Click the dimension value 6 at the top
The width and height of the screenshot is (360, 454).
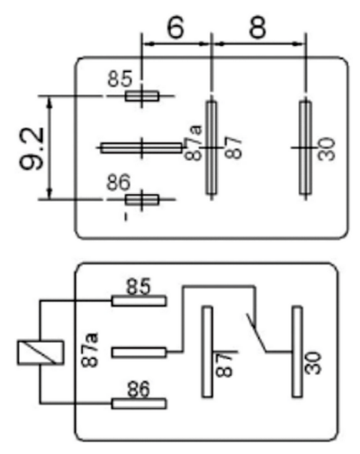[x=175, y=27]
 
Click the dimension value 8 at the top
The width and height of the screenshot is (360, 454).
[x=257, y=27]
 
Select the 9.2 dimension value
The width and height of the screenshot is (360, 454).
[x=31, y=148]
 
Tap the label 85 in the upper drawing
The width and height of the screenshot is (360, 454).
[x=120, y=78]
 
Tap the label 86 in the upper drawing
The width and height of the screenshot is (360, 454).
[x=119, y=182]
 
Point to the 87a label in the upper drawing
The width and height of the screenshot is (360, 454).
[x=193, y=143]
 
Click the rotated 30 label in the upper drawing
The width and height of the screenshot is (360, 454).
[x=326, y=149]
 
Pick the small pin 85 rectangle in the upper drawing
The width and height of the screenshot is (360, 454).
[x=142, y=96]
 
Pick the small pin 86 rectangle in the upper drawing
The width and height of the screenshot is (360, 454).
[x=142, y=200]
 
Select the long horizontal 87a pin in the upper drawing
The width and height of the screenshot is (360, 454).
[x=141, y=148]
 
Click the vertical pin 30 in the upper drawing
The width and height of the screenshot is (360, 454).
[x=305, y=147]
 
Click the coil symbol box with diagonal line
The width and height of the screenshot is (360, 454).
[x=40, y=352]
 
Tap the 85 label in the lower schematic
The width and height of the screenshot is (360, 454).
[x=138, y=287]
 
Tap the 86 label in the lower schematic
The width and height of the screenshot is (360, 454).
[x=138, y=389]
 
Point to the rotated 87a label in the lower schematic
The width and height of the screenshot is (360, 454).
[x=90, y=350]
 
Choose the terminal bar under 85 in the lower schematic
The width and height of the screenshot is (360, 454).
[x=139, y=300]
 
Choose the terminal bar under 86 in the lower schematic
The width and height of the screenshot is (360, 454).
[x=139, y=404]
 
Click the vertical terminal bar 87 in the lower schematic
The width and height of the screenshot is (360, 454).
[x=207, y=352]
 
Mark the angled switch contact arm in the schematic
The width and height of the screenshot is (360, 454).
[x=256, y=333]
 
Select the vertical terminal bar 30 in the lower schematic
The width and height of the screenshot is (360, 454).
[x=297, y=352]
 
